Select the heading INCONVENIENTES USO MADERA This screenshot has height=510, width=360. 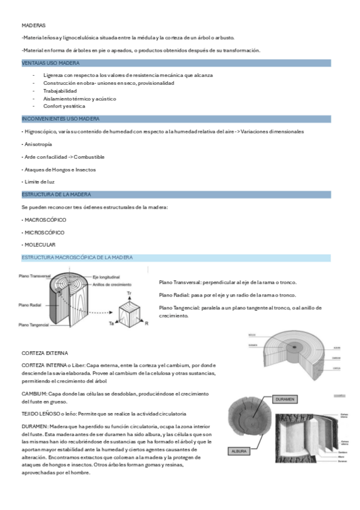(x=60, y=119)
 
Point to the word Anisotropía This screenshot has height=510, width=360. (x=37, y=144)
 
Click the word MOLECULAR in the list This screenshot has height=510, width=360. (x=40, y=245)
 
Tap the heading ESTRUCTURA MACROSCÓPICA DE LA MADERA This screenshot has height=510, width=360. (x=77, y=257)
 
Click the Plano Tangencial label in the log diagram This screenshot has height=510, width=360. (x=34, y=325)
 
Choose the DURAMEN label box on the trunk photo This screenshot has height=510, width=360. (x=285, y=399)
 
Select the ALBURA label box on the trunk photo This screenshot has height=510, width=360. (x=240, y=450)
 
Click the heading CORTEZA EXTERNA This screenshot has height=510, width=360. (x=44, y=353)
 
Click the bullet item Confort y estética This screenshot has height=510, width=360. (x=64, y=106)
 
